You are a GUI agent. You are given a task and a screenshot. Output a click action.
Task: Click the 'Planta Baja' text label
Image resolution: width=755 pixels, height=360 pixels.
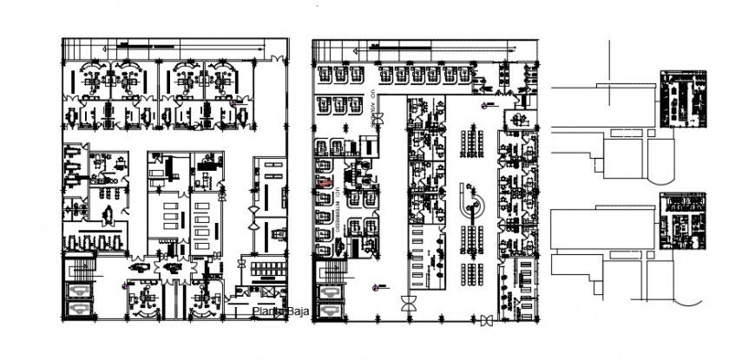point(272,311)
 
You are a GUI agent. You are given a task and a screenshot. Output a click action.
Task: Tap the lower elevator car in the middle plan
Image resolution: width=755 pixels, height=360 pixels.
point(330,311)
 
